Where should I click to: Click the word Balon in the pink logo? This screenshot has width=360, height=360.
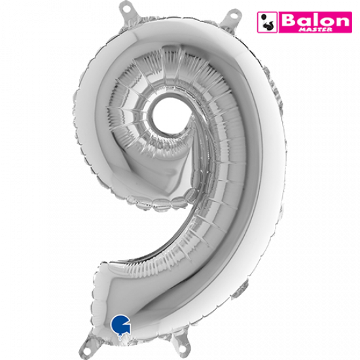coord(315,20)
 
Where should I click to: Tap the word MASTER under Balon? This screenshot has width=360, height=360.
coord(315,29)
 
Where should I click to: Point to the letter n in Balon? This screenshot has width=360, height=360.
coord(342,22)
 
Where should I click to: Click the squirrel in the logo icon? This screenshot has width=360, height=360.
coord(268,26)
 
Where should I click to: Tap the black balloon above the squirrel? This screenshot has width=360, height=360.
coord(264,17)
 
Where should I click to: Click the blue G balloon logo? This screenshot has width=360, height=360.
coord(121,324)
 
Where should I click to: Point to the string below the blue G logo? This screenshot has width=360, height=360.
coord(120,337)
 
